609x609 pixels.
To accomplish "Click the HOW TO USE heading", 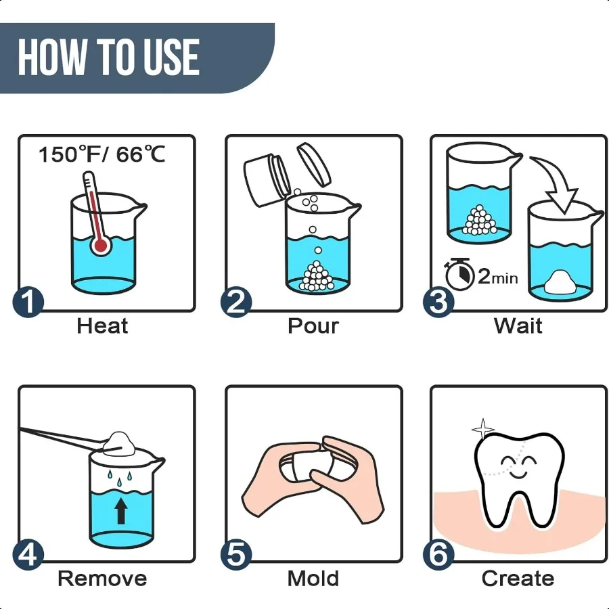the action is pos(109,57).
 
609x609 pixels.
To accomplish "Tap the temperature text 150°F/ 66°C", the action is pos(102,154).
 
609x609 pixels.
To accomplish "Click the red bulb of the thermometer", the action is pos(101,246).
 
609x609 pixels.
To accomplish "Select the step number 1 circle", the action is pos(28,302).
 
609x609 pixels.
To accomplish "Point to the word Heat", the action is pos(102,325).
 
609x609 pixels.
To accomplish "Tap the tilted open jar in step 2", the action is pos(267,180).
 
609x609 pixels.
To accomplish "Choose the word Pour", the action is pos(313,325).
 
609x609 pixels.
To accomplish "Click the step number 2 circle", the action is pos(235,302).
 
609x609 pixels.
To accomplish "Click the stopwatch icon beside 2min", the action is pos(459,274).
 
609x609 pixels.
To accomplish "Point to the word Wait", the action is pos(518,325).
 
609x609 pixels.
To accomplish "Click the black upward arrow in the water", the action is pos(121,511).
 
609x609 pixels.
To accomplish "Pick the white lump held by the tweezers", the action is pos(120,445).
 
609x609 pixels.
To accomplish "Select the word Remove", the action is pos(102,579).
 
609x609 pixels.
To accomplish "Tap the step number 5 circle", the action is pos(235,554).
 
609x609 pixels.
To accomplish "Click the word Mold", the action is pos(313,579).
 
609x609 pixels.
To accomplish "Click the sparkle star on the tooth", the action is pos(482,429).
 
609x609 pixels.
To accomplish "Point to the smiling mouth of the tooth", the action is pos(519,474).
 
